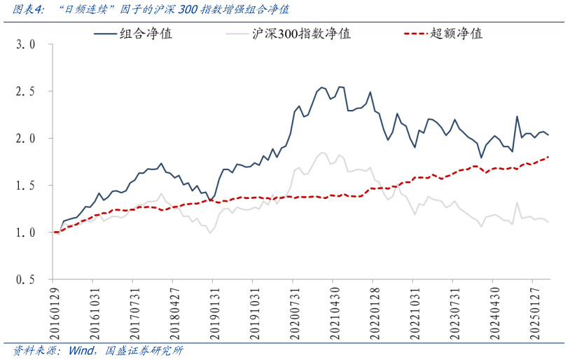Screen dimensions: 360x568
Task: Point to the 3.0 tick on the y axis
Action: pyautogui.click(x=25, y=44)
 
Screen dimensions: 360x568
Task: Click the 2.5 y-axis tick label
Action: pyautogui.click(x=25, y=91)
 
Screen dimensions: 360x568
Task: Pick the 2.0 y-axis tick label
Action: pyautogui.click(x=25, y=138)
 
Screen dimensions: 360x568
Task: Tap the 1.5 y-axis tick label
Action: pyautogui.click(x=25, y=185)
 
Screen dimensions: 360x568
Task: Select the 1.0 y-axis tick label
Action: pyautogui.click(x=25, y=232)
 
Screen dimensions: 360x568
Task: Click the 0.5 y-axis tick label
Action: pyautogui.click(x=25, y=279)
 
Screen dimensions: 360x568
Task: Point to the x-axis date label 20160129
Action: pyautogui.click(x=55, y=309)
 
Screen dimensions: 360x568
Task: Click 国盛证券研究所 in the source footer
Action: pyautogui.click(x=144, y=350)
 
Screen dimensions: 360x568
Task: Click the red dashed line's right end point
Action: pyautogui.click(x=548, y=157)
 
